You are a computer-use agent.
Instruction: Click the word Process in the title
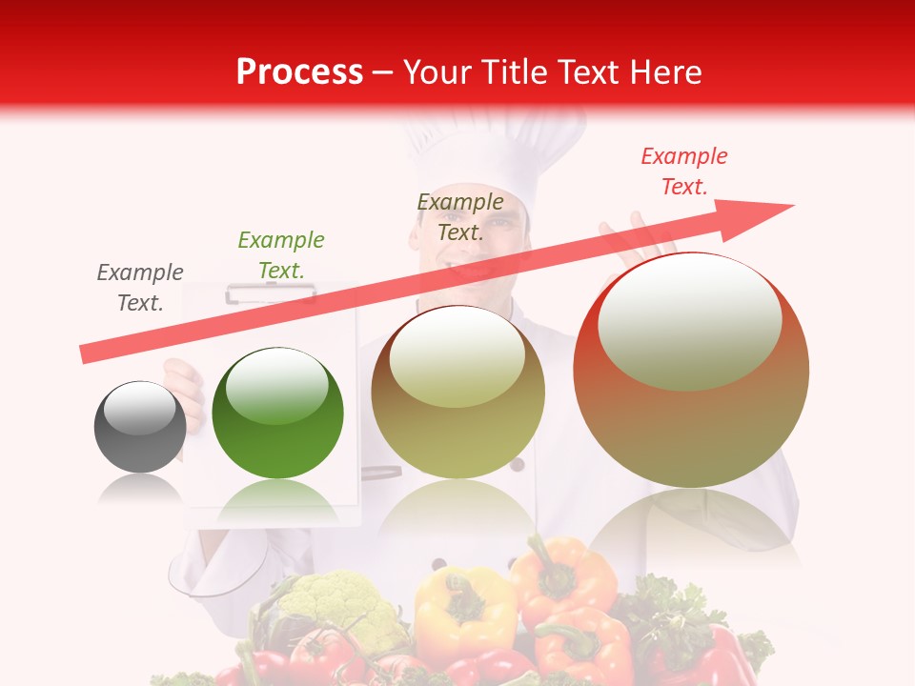click(x=299, y=71)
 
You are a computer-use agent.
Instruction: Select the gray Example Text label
click(x=140, y=288)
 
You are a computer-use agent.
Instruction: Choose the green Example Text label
click(x=281, y=255)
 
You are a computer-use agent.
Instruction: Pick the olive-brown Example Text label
click(x=460, y=216)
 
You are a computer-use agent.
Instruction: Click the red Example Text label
click(x=684, y=171)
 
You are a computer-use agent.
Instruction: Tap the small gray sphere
click(x=140, y=427)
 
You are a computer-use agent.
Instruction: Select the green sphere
click(x=277, y=413)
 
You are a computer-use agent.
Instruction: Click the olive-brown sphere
click(x=458, y=392)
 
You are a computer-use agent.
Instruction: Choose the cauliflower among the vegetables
click(x=338, y=605)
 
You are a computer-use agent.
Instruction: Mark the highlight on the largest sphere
click(x=689, y=322)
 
